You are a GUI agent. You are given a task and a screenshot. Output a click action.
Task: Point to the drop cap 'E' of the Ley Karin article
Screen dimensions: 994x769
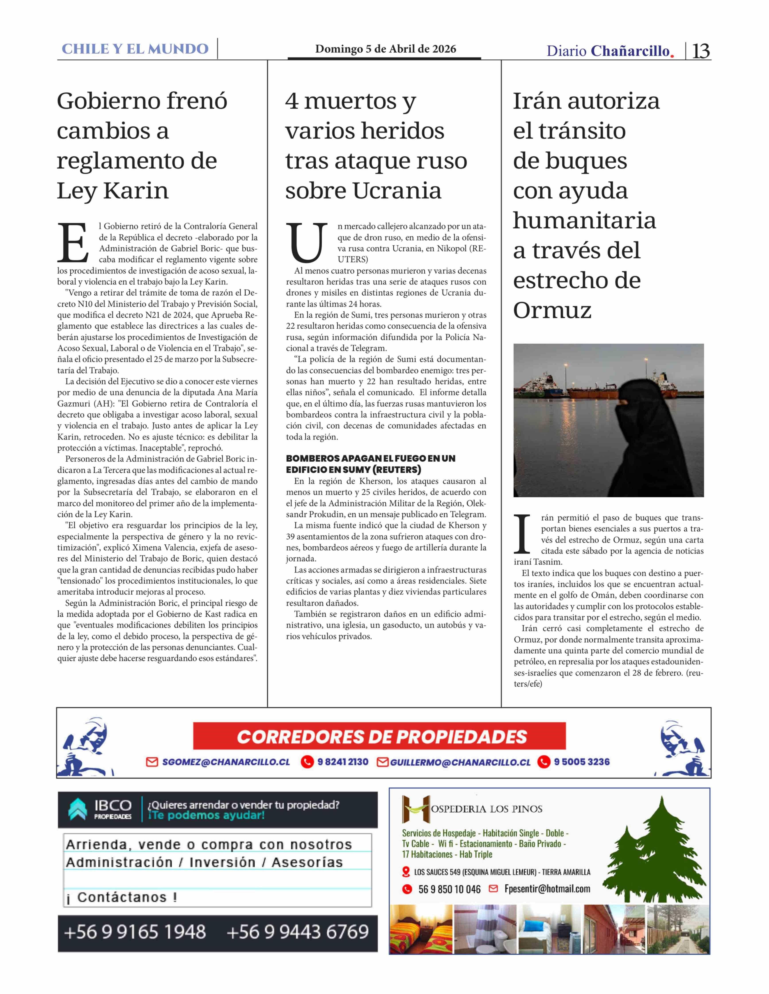[x=73, y=243]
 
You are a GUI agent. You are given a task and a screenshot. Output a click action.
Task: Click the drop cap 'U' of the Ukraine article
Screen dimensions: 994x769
[x=307, y=243]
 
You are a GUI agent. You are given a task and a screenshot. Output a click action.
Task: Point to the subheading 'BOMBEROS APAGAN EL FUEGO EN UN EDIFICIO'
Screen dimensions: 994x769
[x=370, y=464]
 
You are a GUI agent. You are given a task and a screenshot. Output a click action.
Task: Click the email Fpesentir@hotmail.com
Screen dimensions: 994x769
[x=547, y=889]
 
